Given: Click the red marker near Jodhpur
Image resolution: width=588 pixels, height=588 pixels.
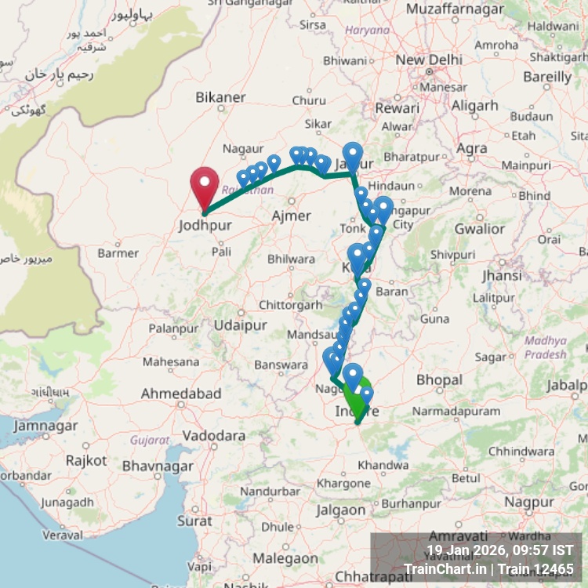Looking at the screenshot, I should coord(205,184).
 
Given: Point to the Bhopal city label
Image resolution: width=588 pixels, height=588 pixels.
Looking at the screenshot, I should coord(439,379).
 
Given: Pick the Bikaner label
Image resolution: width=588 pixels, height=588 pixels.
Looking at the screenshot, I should coord(220,97).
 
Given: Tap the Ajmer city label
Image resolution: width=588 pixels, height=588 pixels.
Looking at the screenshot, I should coord(290,216).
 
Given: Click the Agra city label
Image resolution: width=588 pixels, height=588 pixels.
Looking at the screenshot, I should coord(471,148).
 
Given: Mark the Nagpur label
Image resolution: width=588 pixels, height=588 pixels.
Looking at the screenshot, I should coord(529,502).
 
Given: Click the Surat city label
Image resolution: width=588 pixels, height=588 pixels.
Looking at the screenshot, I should coord(194,521).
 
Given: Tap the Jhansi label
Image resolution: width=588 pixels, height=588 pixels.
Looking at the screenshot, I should coord(503,276).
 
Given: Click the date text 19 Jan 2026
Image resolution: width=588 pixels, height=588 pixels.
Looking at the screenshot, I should coord(467,550).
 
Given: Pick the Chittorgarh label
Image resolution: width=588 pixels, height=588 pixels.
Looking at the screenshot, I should coord(290,305).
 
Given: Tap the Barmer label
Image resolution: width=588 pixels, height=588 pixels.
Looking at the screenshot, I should coord(118,253).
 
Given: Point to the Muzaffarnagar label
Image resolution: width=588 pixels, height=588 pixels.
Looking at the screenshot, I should coord(454,10).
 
